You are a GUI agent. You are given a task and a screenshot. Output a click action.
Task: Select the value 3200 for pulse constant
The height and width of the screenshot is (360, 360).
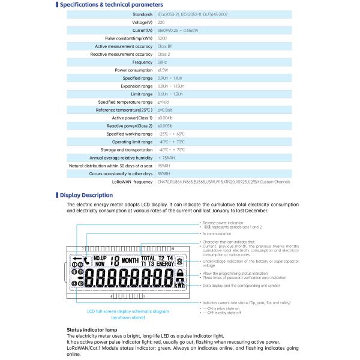[x=162, y=38]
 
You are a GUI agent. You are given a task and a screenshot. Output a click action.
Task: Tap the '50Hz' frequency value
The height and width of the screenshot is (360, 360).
[x=162, y=62]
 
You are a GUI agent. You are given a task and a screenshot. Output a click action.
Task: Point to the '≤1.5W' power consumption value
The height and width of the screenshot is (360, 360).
[x=163, y=70]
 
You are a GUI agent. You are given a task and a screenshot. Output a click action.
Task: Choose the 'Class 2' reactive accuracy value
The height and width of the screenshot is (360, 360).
[x=164, y=54]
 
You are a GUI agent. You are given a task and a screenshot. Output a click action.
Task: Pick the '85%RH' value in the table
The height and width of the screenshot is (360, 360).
[x=163, y=173]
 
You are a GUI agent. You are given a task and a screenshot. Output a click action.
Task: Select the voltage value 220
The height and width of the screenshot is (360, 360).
[x=161, y=22]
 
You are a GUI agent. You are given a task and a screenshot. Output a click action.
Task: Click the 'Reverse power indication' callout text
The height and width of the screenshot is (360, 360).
[x=223, y=222]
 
